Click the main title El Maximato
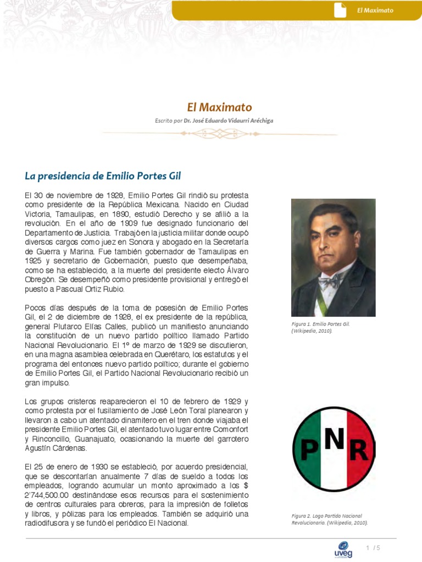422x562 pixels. [219, 107]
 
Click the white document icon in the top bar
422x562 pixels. [340, 10]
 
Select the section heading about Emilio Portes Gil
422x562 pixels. [103, 176]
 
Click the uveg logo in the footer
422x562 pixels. [343, 550]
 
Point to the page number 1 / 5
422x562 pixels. [373, 548]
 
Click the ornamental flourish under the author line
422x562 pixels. [219, 133]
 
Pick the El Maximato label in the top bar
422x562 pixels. [375, 10]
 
